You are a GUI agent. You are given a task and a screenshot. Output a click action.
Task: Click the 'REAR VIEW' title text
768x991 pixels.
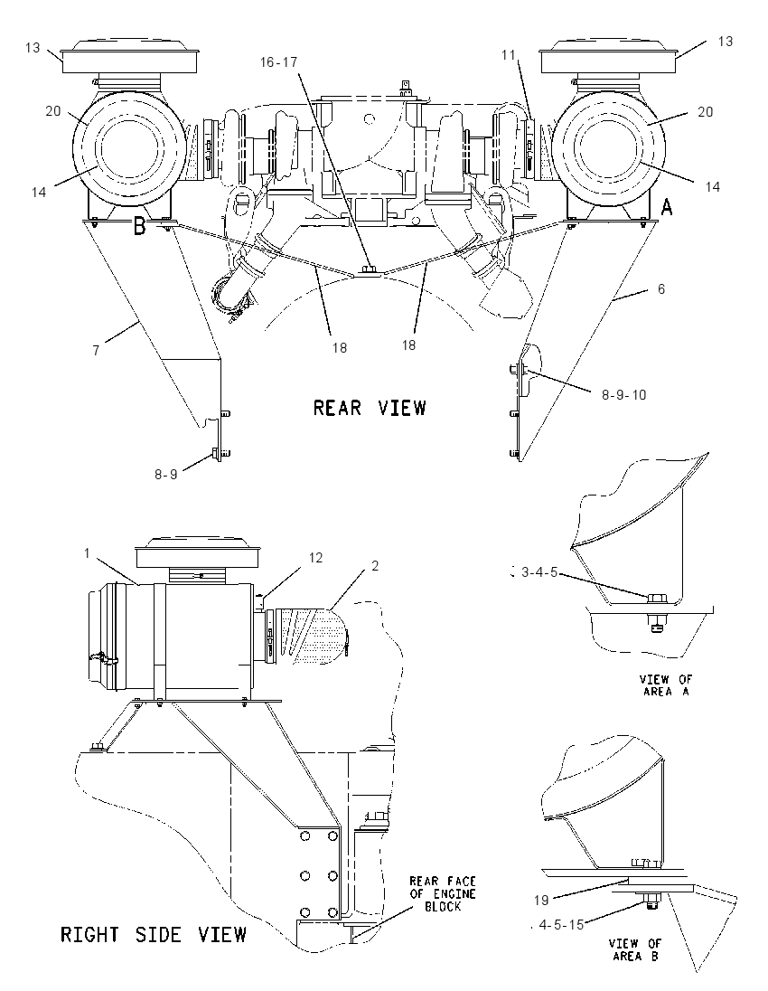(x=370, y=408)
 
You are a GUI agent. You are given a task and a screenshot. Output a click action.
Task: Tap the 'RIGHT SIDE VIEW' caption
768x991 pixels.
(x=154, y=934)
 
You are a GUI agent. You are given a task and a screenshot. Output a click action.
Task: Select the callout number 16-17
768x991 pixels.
(x=278, y=61)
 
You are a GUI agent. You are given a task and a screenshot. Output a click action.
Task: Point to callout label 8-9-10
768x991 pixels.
(x=623, y=395)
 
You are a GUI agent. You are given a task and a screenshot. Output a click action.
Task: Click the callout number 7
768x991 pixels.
(x=96, y=350)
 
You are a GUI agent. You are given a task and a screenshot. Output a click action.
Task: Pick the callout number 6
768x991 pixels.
(x=661, y=288)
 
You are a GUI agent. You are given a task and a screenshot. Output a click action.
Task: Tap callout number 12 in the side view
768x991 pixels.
(x=315, y=557)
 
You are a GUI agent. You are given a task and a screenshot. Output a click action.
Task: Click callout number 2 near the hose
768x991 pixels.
(x=375, y=566)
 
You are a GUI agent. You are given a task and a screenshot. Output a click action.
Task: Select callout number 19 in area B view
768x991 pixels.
(x=541, y=900)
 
